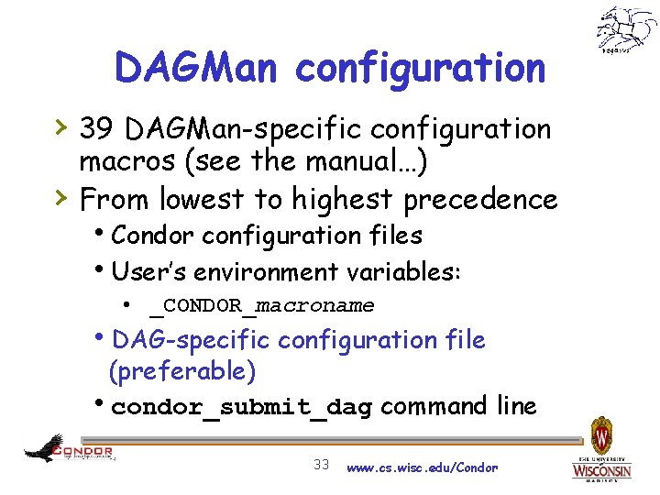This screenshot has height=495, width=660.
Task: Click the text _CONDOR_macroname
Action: pos(261,305)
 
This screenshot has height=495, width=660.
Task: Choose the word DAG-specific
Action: pos(190,340)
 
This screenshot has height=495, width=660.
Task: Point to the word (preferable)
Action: pos(181,371)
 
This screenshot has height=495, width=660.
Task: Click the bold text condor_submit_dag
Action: pos(240,408)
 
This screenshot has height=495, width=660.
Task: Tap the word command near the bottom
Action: pos(434,406)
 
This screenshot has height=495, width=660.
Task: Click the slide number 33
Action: pos(321,465)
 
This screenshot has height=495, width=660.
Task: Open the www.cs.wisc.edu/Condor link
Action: pos(423,467)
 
